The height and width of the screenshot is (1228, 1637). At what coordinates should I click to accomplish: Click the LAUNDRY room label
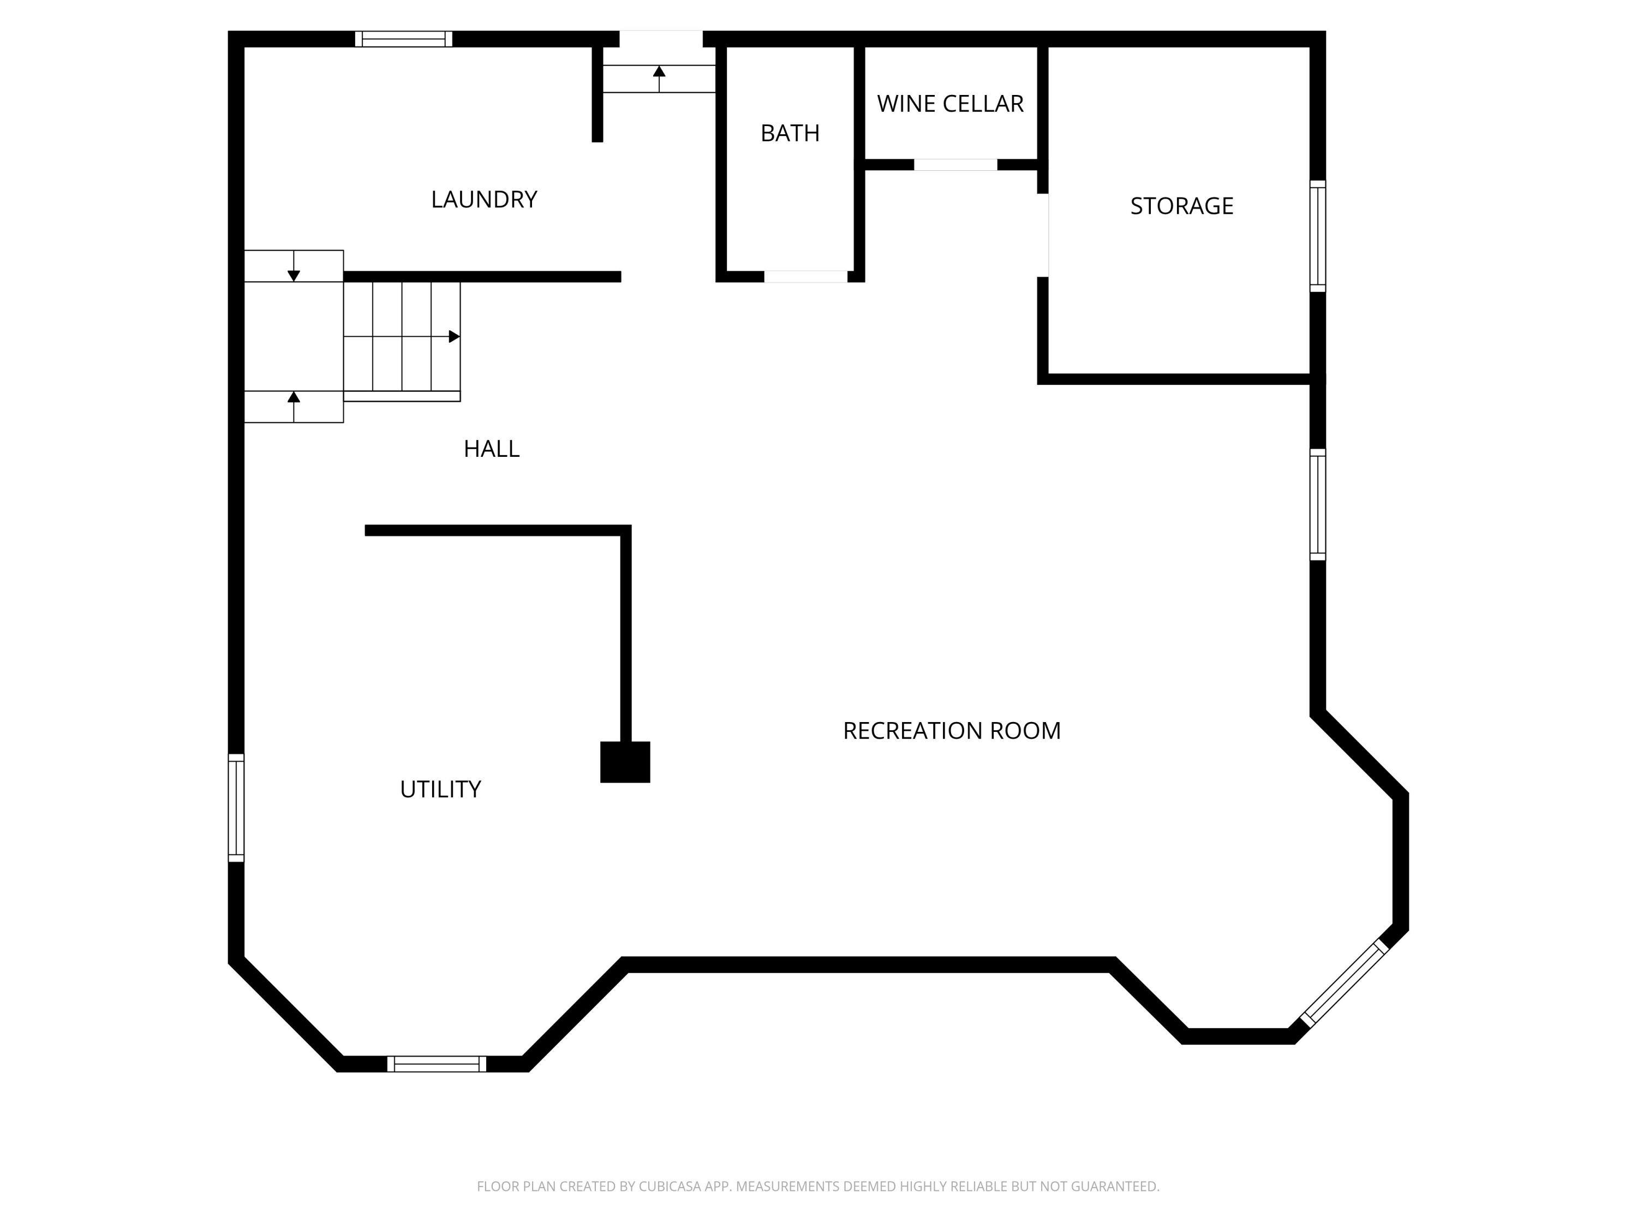[x=484, y=199]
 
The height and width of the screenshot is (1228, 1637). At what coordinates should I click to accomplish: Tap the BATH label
[x=790, y=133]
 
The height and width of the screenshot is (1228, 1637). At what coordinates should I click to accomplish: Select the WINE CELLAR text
[x=950, y=104]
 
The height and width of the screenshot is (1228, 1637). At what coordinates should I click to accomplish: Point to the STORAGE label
[x=1181, y=206]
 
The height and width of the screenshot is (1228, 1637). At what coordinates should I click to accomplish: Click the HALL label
[x=492, y=449]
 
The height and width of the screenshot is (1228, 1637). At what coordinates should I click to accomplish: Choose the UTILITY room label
[x=440, y=789]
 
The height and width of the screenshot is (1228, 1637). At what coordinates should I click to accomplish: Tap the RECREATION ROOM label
[x=952, y=731]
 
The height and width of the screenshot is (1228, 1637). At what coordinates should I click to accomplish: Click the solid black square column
[x=625, y=762]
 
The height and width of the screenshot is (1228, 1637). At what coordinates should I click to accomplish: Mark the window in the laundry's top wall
[x=403, y=39]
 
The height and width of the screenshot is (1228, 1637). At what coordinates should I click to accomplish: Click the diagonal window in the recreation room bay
[x=1344, y=983]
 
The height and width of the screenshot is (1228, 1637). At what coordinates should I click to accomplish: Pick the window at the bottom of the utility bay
[x=437, y=1064]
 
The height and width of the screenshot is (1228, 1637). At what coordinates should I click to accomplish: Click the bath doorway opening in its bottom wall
[x=806, y=277]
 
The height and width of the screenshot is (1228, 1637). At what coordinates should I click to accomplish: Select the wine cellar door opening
[x=955, y=164]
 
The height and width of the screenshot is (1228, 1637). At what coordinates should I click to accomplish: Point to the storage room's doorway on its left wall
[x=1043, y=235]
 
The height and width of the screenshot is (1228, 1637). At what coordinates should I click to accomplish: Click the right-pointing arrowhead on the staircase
[x=455, y=337]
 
